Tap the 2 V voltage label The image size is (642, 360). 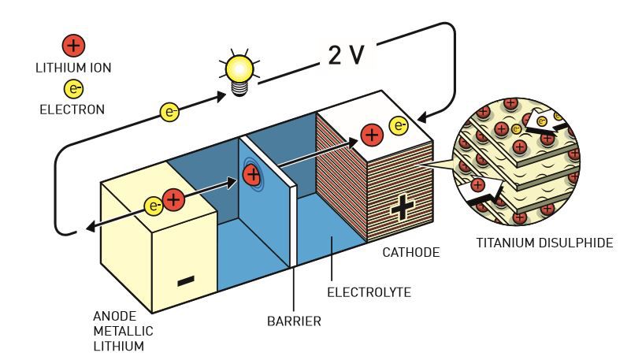click(x=346, y=55)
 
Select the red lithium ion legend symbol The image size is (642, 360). click(x=74, y=45)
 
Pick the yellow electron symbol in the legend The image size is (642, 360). click(x=74, y=89)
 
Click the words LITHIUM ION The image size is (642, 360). click(x=74, y=68)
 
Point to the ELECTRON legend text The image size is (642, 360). click(x=72, y=109)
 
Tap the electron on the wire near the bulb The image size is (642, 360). click(x=169, y=112)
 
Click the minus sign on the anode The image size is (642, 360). click(x=186, y=281)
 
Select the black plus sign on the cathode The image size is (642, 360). click(x=403, y=209)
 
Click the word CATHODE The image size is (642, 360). click(x=411, y=252)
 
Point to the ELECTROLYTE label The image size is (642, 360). click(x=369, y=292)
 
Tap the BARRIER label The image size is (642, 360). click(x=294, y=321)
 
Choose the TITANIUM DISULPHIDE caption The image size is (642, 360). click(x=544, y=243)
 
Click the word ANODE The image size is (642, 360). click(x=115, y=316)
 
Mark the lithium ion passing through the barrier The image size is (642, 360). click(x=252, y=175)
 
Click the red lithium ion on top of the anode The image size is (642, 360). click(x=174, y=200)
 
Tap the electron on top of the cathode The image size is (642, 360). click(x=399, y=126)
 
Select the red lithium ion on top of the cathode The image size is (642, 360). click(x=372, y=135)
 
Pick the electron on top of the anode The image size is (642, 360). click(x=154, y=206)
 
